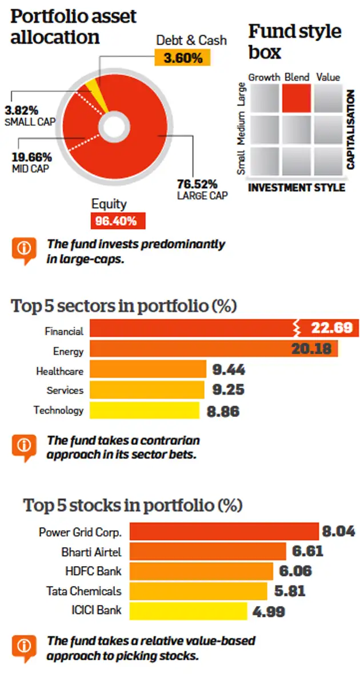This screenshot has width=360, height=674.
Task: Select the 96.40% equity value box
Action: [117, 220]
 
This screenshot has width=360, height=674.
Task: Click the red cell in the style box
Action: [296, 98]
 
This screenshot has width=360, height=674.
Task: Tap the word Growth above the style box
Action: [264, 77]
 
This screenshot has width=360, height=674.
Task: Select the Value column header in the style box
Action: [327, 77]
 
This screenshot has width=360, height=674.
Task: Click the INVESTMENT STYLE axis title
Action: [297, 187]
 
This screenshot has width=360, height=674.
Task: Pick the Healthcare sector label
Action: [59, 371]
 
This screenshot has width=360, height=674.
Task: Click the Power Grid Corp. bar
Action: [223, 532]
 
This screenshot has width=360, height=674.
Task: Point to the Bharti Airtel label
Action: [91, 552]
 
